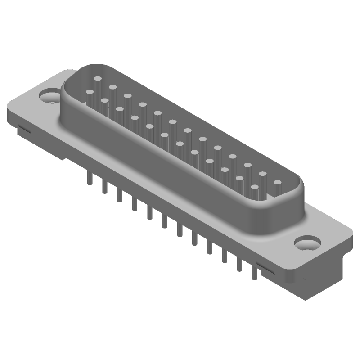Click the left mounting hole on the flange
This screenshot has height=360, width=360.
[48, 96]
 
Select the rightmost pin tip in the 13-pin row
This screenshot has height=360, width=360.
[277, 183]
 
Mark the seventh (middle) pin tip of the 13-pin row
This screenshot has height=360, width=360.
[187, 130]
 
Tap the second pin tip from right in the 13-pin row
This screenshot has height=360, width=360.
[262, 174]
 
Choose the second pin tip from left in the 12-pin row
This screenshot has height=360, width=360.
[104, 101]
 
